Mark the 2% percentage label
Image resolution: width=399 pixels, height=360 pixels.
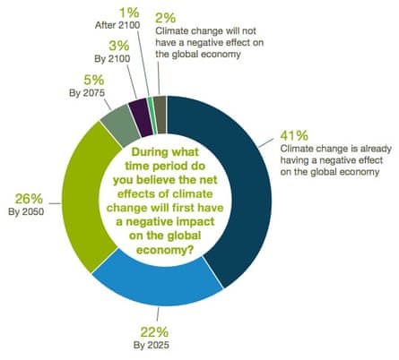point(165,16)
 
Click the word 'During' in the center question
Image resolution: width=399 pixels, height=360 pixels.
point(134,151)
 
